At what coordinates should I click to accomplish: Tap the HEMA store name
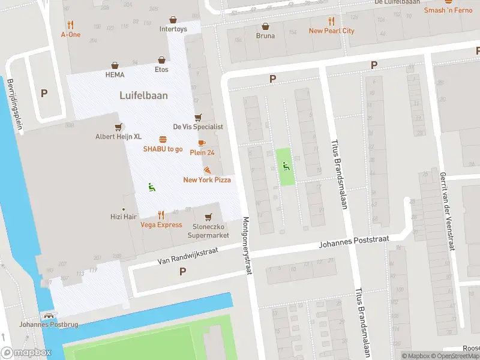coord(115,75)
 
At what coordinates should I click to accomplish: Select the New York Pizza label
coord(207,180)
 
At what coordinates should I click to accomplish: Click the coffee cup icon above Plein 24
coord(202,143)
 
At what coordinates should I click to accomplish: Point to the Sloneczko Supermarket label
coord(209,231)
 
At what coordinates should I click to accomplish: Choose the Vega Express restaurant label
coord(161,225)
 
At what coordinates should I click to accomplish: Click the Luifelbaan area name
coord(144,95)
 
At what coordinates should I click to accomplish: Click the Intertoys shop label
coord(173,29)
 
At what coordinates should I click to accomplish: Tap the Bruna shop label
coord(265,35)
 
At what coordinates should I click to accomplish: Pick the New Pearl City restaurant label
coord(331,31)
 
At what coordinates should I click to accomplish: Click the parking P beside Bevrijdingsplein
coord(44,94)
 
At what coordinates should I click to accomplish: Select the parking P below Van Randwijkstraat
coord(182,272)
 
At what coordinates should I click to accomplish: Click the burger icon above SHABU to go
coord(163,139)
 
